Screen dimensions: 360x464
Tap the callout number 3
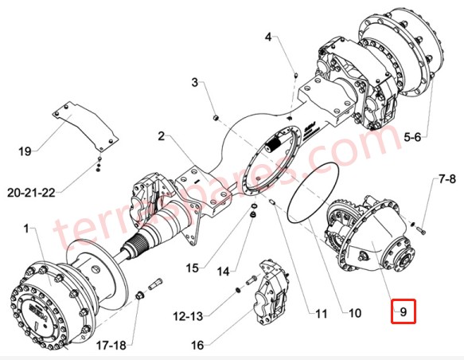(193, 82)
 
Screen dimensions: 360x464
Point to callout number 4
(268, 37)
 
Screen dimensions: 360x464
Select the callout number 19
(24, 150)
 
